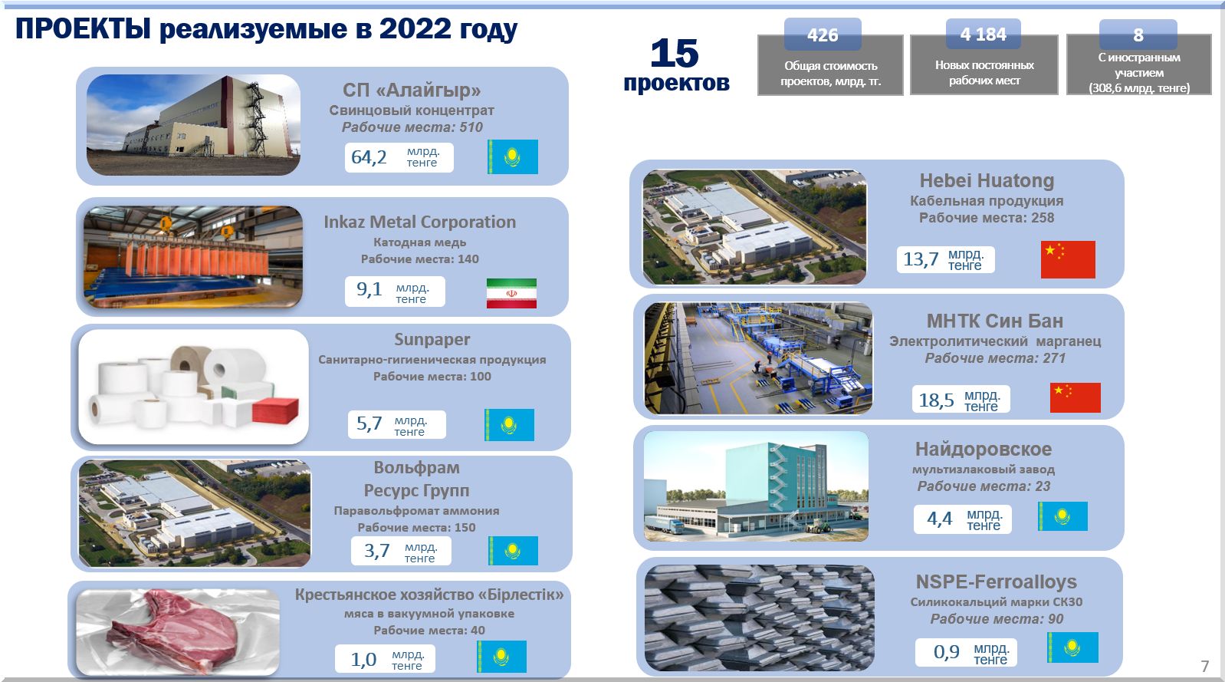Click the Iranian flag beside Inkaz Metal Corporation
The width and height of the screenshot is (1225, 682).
click(511, 293)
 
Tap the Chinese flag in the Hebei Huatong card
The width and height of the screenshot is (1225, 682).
click(1068, 259)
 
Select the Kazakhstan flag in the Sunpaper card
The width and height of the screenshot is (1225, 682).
click(509, 425)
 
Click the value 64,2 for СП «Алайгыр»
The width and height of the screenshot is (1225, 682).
click(369, 157)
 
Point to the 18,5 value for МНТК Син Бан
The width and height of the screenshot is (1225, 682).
click(936, 400)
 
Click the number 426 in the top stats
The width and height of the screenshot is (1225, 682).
click(823, 35)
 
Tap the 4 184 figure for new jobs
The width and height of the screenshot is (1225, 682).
click(984, 35)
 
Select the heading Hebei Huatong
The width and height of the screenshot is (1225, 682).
click(987, 180)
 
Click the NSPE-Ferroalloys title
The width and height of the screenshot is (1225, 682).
click(996, 582)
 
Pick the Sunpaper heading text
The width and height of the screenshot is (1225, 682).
click(432, 339)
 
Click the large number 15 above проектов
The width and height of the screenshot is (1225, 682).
click(675, 53)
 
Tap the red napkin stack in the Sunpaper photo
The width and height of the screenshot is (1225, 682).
click(275, 410)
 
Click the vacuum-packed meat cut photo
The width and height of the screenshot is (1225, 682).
click(178, 631)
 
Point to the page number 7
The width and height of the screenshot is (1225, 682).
click(1205, 666)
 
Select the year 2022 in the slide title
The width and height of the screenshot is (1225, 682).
click(415, 28)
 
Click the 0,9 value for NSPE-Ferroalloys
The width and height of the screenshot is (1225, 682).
click(946, 652)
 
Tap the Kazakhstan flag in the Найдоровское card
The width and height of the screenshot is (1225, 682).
click(1062, 516)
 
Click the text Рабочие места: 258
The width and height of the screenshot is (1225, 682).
click(986, 218)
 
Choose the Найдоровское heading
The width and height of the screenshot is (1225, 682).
click(984, 449)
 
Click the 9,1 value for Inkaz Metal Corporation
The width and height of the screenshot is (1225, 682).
click(369, 289)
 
